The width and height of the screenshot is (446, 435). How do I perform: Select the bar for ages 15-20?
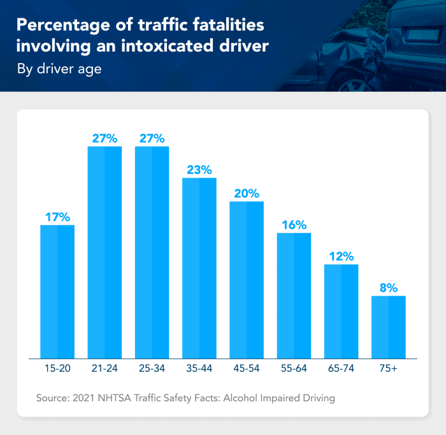[x=57, y=291]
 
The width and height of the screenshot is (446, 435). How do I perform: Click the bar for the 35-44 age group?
[x=199, y=267]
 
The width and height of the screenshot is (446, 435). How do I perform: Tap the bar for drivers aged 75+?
[x=389, y=326]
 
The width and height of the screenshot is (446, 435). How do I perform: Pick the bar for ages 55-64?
[x=294, y=295]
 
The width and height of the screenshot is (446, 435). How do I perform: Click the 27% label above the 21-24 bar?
[x=104, y=138]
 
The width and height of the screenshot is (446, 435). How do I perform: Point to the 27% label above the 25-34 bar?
[x=152, y=138]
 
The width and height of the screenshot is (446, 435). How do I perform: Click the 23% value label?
[x=199, y=170]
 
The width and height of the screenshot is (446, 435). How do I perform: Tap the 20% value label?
[x=247, y=194]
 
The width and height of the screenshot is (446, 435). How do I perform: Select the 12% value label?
[x=342, y=257]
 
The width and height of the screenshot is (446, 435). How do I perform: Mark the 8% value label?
[x=389, y=288]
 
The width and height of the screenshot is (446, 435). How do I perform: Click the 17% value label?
[x=57, y=217]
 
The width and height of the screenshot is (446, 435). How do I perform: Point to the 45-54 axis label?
[x=247, y=369]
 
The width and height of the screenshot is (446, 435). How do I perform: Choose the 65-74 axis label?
[x=342, y=369]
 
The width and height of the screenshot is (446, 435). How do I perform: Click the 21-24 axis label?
[x=104, y=369]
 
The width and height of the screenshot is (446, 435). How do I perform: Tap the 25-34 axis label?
[x=152, y=369]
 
